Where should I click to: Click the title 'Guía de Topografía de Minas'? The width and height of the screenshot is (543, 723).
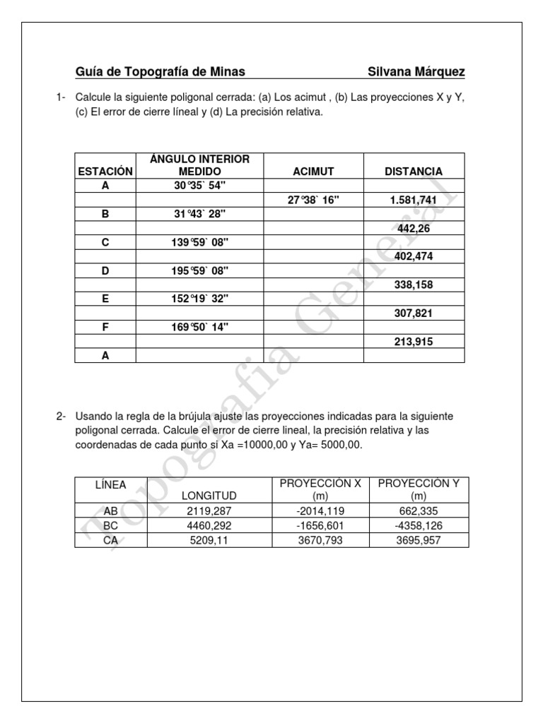160,72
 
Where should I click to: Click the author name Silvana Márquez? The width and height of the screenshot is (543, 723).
416,72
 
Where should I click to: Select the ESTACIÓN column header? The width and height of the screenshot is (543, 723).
105,172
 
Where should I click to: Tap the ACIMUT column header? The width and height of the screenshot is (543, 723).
313,172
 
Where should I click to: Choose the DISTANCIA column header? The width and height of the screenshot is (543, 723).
414,172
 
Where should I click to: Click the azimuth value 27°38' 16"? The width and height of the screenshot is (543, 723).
313,200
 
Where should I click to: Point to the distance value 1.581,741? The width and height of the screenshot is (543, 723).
414,200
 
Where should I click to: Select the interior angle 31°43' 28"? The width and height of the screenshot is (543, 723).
199,214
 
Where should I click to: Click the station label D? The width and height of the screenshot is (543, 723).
105,270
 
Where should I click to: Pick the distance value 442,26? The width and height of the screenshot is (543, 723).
414,228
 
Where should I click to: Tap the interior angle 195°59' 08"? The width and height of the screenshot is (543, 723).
199,270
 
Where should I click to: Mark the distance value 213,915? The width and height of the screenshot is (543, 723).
414,341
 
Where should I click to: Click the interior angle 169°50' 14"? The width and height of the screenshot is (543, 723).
199,327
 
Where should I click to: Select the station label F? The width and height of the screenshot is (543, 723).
105,327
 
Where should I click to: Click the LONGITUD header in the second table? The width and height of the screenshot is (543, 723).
209,496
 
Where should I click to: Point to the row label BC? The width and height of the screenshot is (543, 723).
111,525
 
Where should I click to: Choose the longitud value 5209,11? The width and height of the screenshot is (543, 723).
209,539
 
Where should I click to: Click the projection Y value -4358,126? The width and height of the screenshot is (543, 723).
419,525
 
